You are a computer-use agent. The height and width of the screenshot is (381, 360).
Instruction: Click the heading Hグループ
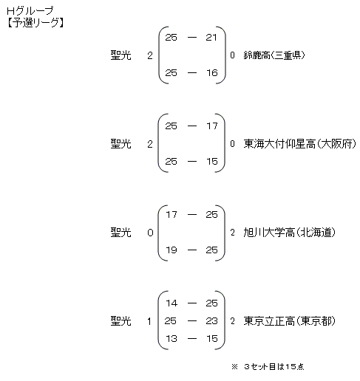tap(30, 11)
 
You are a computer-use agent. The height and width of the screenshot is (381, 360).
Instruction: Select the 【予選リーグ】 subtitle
tap(35, 23)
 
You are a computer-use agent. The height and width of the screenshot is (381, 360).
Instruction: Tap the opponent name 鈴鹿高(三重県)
tap(274, 55)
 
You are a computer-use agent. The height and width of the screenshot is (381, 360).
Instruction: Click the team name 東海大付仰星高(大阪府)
tap(299, 144)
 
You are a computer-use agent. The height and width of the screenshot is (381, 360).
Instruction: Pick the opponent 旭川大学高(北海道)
tap(289, 233)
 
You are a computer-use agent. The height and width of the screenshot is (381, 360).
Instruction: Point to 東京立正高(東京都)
tap(289, 321)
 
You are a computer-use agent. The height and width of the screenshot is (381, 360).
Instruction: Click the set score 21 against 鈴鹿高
tap(211, 38)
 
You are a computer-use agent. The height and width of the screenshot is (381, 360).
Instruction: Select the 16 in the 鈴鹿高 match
tap(212, 73)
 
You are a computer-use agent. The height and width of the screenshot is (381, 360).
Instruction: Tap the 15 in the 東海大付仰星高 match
tap(212, 162)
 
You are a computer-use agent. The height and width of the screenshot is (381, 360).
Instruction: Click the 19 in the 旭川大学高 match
tap(171, 250)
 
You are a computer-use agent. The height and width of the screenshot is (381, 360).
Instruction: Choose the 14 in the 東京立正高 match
tap(171, 303)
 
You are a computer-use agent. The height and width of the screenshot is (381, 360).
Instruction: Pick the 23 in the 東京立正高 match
tap(211, 321)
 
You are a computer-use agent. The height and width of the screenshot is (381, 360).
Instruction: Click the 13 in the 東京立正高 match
tap(171, 339)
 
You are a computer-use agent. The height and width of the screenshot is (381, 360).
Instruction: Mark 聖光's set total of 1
tap(149, 321)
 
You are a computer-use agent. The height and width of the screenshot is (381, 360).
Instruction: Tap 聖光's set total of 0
tap(150, 233)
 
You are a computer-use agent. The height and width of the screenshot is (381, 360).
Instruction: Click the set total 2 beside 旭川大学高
tap(232, 233)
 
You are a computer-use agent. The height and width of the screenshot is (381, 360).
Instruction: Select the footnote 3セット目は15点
tap(274, 367)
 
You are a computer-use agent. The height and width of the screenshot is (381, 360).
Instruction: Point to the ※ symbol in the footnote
tap(234, 367)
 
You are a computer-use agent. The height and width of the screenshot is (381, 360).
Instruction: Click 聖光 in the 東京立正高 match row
tap(120, 321)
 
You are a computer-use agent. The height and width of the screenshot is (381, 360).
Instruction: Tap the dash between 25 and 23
tap(192, 321)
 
